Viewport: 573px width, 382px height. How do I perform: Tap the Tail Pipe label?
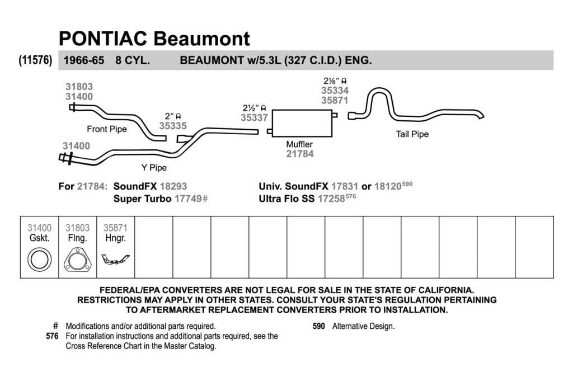(412, 134)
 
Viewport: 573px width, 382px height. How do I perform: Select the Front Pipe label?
(107, 129)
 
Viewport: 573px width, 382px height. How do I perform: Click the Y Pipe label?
(154, 168)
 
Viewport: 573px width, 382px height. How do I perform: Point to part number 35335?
(173, 126)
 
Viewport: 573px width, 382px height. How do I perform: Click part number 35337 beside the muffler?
(255, 117)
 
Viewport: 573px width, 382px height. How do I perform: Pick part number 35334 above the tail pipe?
(335, 90)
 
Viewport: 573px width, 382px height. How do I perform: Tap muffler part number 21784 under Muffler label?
(300, 154)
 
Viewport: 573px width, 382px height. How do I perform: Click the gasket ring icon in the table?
(40, 260)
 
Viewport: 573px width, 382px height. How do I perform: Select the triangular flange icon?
(77, 260)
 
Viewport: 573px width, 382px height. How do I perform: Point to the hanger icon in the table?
(115, 260)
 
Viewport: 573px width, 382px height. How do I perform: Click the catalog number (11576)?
(35, 60)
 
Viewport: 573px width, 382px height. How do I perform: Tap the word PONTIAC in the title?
(103, 39)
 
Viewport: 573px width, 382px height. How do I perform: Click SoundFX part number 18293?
(173, 186)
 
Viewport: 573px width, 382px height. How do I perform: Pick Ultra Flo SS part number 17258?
(331, 199)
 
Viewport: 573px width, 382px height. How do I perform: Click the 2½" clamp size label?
(255, 108)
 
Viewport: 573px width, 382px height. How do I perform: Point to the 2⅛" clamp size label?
(335, 81)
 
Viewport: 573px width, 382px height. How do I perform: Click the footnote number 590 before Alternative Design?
(318, 326)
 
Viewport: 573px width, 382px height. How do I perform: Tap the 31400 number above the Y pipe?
(76, 146)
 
